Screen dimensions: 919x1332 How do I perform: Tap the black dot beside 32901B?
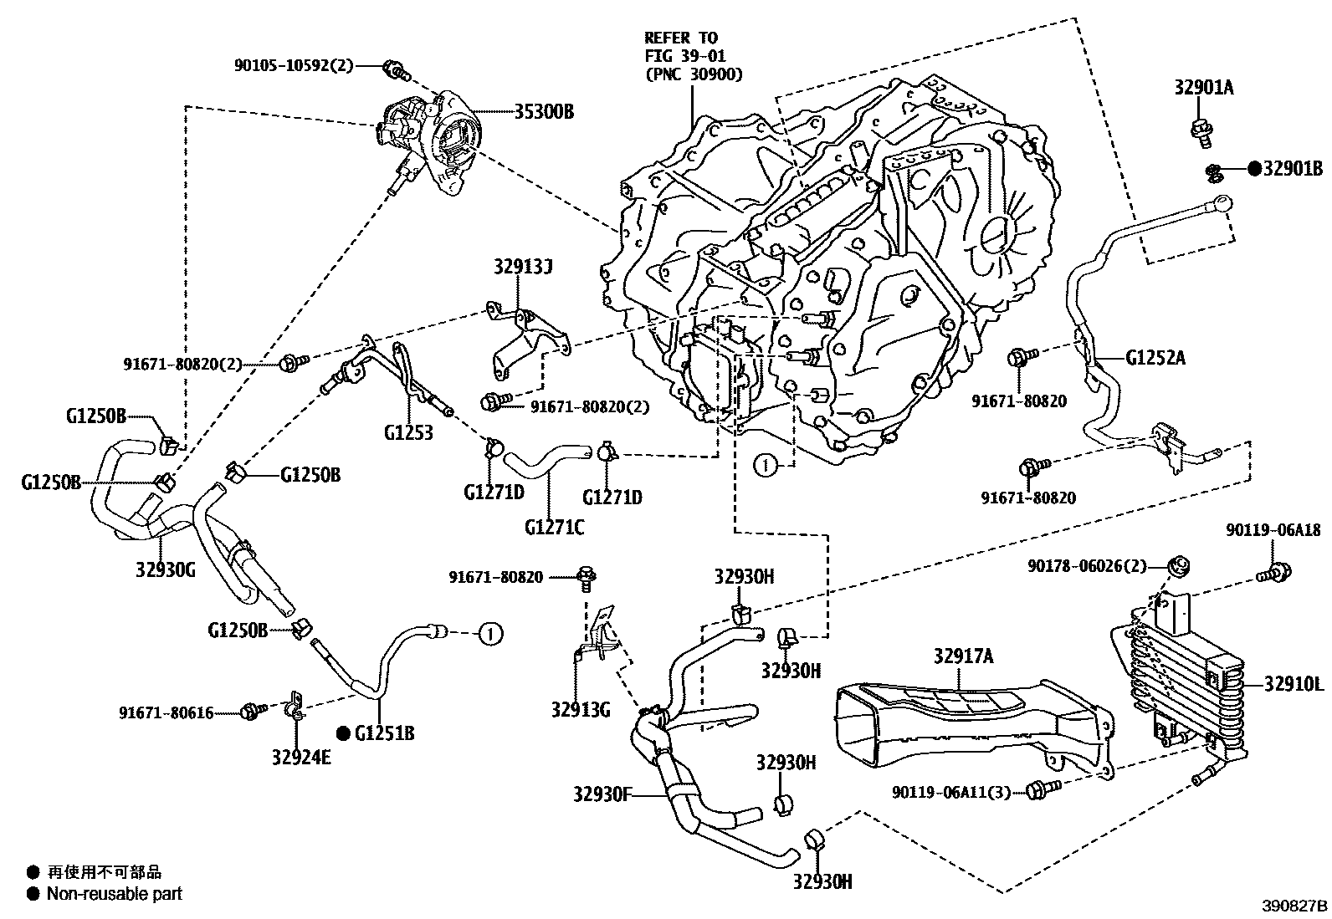tap(1253, 169)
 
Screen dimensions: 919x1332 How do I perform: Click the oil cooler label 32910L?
tap(1294, 685)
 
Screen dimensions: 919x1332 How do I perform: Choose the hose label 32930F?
tap(602, 794)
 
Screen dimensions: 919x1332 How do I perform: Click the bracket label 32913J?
tap(524, 268)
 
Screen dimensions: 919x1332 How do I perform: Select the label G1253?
tap(408, 432)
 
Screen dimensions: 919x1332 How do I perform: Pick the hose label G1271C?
tap(555, 528)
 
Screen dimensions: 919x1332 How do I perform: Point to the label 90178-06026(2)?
tap(1086, 566)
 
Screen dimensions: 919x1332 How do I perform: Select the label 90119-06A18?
tap(1274, 530)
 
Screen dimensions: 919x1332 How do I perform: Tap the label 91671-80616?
tap(166, 713)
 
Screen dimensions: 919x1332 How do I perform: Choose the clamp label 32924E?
tap(300, 758)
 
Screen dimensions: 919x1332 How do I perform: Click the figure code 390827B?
tap(1295, 906)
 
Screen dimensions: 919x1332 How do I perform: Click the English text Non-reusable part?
tap(114, 894)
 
